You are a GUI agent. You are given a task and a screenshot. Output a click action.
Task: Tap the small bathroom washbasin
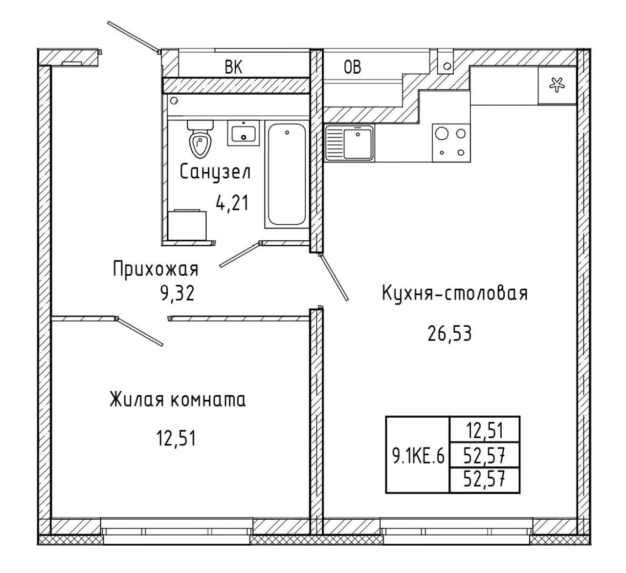tap(244, 133)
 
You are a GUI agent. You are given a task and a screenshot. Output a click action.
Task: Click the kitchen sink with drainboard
tap(349, 143)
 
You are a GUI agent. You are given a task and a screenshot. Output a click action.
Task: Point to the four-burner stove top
tap(451, 143)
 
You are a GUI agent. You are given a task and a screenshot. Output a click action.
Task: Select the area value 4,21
tap(232, 203)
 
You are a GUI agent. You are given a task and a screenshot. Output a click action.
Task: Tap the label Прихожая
tap(156, 269)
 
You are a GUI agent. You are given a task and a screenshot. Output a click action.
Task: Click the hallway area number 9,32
tap(177, 294)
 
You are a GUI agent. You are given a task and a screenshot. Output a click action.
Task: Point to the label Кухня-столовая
tap(455, 294)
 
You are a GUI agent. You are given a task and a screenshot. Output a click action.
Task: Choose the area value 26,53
tap(449, 334)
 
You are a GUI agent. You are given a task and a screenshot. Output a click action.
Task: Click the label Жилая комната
tap(178, 400)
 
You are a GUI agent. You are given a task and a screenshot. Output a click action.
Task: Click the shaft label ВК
tap(233, 67)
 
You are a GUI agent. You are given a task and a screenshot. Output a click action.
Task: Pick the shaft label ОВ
tap(352, 67)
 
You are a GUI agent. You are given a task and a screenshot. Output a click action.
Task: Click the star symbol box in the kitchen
tap(557, 85)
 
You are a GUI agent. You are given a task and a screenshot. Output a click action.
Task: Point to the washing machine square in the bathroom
tap(187, 225)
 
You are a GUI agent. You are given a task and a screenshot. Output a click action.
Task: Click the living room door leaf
tap(139, 331)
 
